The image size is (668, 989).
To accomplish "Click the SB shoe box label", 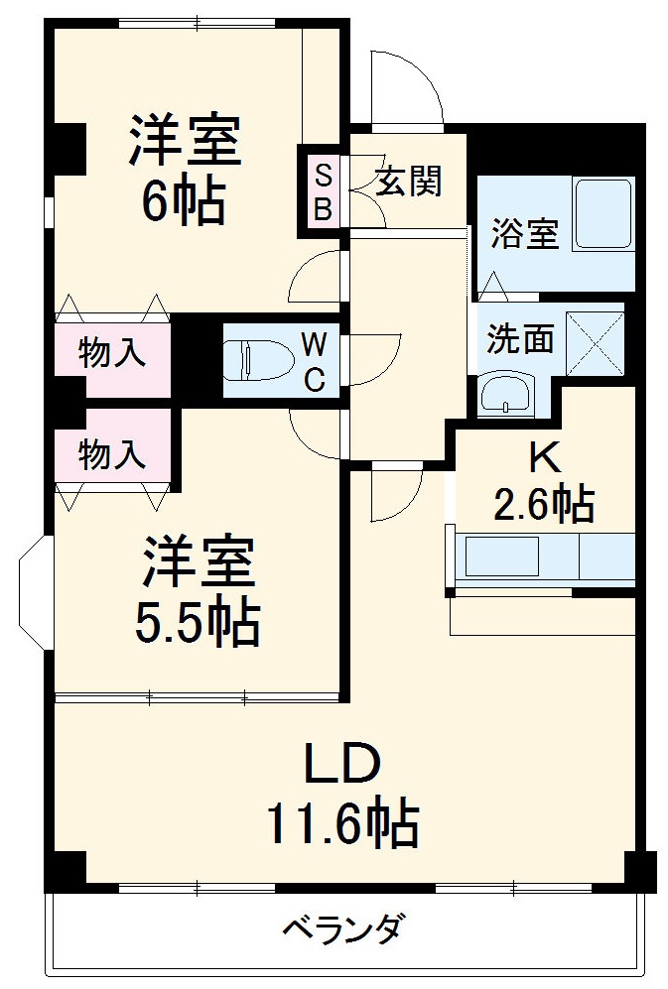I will [x=323, y=192].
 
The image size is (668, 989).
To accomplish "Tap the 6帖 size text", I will [x=184, y=202].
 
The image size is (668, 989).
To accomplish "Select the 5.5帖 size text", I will [x=198, y=623].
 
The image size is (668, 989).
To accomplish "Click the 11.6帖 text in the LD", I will [x=341, y=823].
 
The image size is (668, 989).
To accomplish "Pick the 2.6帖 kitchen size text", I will [x=544, y=503].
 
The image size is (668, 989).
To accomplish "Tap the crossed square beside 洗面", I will [x=596, y=342].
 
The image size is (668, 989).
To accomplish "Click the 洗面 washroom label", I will [x=519, y=339].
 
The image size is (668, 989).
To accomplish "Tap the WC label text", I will [x=312, y=362].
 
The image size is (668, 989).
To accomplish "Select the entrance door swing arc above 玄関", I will [x=405, y=83].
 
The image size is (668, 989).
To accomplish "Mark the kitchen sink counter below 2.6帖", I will [x=541, y=556].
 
